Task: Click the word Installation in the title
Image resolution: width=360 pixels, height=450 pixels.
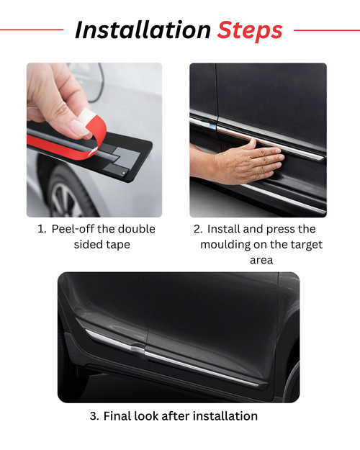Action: pos(142,30)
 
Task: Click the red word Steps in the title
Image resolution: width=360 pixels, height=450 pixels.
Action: pos(250,30)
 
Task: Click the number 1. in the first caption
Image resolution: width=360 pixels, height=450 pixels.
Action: pos(42,229)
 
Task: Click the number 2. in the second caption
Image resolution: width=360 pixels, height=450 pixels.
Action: pos(198,229)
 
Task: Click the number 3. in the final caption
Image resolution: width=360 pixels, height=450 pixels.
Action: pos(94,415)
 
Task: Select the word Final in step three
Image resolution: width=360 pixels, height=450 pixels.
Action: pos(118,415)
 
